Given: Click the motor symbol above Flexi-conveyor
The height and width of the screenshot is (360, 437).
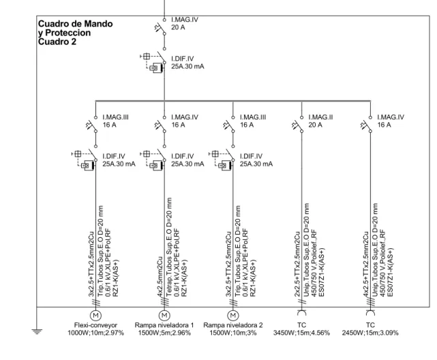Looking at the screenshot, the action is click(x=95, y=316).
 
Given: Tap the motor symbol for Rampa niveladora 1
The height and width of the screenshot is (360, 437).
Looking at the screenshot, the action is click(x=164, y=316).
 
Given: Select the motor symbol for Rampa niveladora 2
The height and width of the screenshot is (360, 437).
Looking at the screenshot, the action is click(x=233, y=316).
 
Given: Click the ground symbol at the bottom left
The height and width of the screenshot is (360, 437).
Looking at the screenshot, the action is click(x=37, y=331).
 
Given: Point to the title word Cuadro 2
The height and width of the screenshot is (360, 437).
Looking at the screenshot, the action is click(x=57, y=42).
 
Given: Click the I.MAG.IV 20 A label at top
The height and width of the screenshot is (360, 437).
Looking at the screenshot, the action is click(x=185, y=23).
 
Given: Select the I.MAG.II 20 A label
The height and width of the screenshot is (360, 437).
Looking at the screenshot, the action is click(x=320, y=121).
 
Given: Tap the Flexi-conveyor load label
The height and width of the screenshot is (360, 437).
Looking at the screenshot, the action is click(x=95, y=325).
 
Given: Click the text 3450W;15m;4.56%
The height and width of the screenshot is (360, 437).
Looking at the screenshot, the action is click(x=301, y=333).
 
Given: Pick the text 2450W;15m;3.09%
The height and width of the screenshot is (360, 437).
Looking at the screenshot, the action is click(x=370, y=333).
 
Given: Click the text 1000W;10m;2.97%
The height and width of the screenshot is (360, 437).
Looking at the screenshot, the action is click(x=95, y=333).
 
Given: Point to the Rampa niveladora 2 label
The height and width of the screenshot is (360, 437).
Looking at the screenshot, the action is click(x=233, y=325).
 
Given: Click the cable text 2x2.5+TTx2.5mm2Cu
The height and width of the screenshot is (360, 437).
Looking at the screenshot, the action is click(x=297, y=264).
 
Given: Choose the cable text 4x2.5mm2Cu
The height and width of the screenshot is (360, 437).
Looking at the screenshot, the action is click(x=160, y=277).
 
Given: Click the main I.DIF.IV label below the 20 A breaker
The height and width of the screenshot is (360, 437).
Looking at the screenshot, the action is click(x=187, y=63).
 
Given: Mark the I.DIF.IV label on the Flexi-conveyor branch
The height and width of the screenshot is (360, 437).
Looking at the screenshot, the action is click(x=119, y=160).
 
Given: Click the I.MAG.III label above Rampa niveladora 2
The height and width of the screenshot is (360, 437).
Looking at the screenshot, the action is click(x=253, y=121).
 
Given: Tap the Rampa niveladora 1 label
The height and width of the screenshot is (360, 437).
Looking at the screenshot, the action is click(x=164, y=325).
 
